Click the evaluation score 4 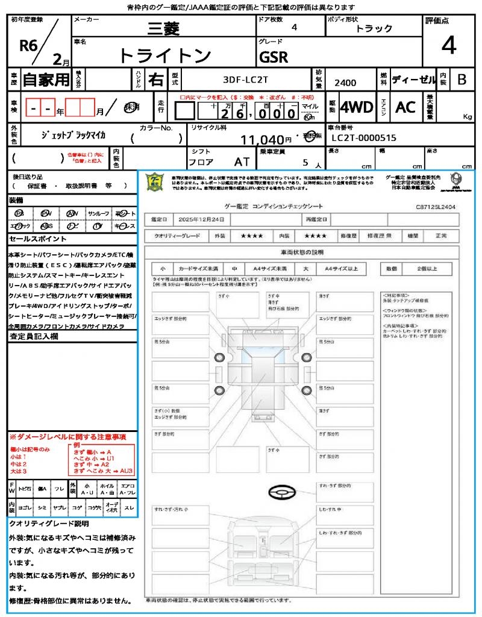pyautogui.click(x=449, y=46)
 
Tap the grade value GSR pyautogui.click(x=274, y=57)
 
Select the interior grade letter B pyautogui.click(x=462, y=79)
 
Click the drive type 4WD pyautogui.click(x=357, y=107)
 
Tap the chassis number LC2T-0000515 pyautogui.click(x=364, y=138)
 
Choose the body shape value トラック pyautogui.click(x=374, y=28)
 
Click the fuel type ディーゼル pyautogui.click(x=413, y=79)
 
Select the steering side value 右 pyautogui.click(x=155, y=79)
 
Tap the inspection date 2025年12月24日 pyautogui.click(x=201, y=219)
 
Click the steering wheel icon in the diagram pyautogui.click(x=280, y=493)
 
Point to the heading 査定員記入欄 pyautogui.click(x=34, y=337)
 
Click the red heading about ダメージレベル pyautogui.click(x=67, y=436)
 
